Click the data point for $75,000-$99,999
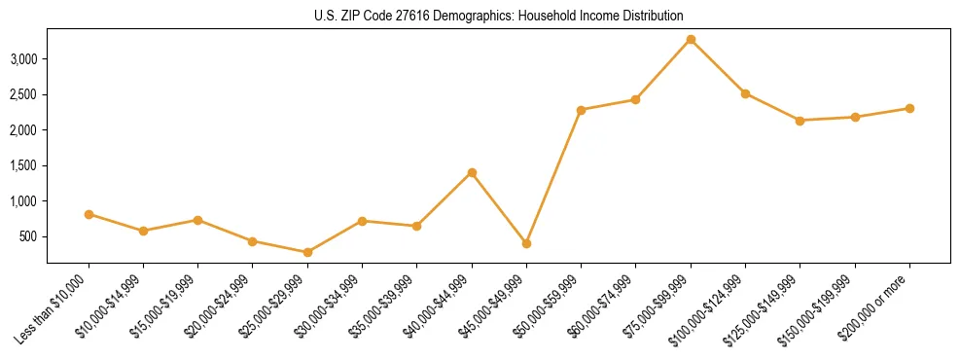(x=691, y=39)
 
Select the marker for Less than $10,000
(x=89, y=214)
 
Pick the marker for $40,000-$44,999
(x=472, y=172)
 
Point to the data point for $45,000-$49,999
(x=526, y=243)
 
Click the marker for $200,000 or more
(x=909, y=108)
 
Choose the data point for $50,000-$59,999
(x=581, y=110)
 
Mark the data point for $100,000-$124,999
(x=745, y=93)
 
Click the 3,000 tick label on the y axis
(x=22, y=59)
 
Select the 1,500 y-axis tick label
(x=22, y=165)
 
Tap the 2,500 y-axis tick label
(x=22, y=94)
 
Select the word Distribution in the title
(x=653, y=17)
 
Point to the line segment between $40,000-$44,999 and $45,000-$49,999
(x=499, y=208)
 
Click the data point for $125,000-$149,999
(x=800, y=121)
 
